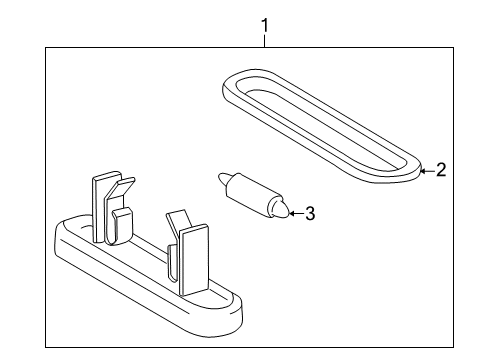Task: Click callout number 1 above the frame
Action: point(265,26)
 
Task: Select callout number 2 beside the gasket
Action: point(441,170)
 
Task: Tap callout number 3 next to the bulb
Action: point(310,213)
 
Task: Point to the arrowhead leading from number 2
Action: point(422,171)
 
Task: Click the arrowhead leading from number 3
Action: point(291,213)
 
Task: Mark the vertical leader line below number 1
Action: point(265,41)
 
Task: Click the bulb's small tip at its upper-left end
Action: point(222,179)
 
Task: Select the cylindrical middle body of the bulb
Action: point(248,194)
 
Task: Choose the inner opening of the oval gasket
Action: point(322,125)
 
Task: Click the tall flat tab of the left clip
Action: point(99,207)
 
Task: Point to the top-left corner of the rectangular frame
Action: point(46,48)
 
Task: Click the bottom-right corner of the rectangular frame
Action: point(453,347)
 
